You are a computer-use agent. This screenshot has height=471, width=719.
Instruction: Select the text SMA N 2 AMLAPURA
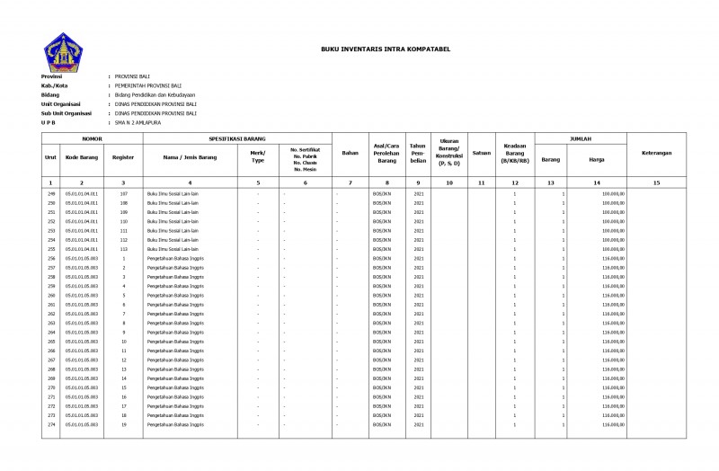tap(138, 122)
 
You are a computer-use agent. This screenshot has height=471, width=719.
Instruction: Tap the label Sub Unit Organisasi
tap(67, 113)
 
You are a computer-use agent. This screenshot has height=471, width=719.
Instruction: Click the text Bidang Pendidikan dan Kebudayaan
tap(155, 94)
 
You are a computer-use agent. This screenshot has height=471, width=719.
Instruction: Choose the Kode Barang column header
tap(83, 156)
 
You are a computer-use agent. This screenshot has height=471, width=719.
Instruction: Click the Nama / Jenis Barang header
tap(190, 156)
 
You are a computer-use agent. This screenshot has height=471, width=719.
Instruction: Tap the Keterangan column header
tap(657, 153)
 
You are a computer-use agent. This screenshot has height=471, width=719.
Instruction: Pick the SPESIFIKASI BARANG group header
tap(237, 139)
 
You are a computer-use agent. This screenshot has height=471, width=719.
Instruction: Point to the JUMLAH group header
tap(581, 139)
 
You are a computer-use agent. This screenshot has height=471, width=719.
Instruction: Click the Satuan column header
tap(481, 153)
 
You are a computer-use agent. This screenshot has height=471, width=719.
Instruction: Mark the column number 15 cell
tap(657, 182)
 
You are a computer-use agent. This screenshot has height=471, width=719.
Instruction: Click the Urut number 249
tap(51, 193)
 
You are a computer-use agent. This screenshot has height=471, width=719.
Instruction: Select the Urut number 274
tap(51, 425)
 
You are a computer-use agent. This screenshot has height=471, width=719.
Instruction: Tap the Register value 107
tap(124, 193)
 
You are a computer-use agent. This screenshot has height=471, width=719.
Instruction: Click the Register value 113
tap(124, 249)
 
